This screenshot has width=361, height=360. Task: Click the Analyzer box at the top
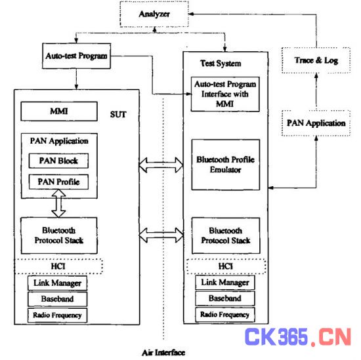click(x=154, y=14)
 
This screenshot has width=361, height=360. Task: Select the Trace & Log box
click(x=316, y=60)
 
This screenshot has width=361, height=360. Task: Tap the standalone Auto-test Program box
click(x=76, y=56)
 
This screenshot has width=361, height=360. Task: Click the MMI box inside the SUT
click(x=59, y=111)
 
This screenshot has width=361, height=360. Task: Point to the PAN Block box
click(x=58, y=161)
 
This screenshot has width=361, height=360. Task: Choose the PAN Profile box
click(x=58, y=182)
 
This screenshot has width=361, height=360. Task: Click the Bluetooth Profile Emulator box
click(x=226, y=165)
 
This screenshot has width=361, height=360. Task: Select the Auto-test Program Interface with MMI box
click(x=225, y=94)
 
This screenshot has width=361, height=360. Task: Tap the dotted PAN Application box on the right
click(x=316, y=123)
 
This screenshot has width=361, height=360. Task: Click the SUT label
click(x=118, y=115)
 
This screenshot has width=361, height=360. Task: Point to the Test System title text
click(x=221, y=63)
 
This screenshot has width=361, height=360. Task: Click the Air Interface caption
click(x=163, y=353)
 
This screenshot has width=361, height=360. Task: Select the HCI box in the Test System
click(x=226, y=266)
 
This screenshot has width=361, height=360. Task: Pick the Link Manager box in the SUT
click(x=58, y=283)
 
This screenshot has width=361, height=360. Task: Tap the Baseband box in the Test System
click(x=225, y=298)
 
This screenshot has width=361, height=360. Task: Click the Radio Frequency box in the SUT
click(x=58, y=315)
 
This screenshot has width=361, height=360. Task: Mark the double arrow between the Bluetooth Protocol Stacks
click(x=161, y=235)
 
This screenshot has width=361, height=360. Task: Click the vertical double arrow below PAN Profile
click(x=58, y=203)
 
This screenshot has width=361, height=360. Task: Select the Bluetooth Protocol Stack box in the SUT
click(x=59, y=235)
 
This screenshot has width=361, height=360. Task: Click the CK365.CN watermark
click(x=298, y=337)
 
